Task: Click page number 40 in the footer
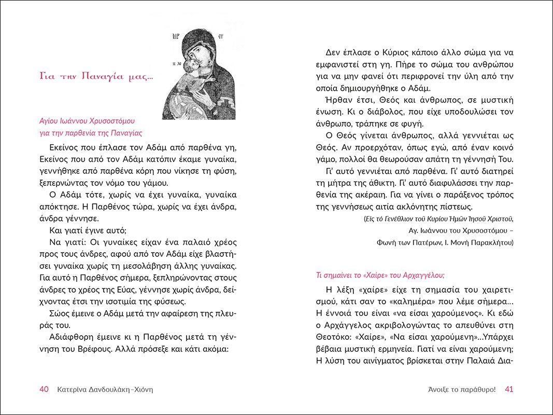(44, 390)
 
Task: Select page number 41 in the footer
(508, 390)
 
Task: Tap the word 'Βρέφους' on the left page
(102, 349)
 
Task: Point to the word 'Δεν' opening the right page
(334, 52)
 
